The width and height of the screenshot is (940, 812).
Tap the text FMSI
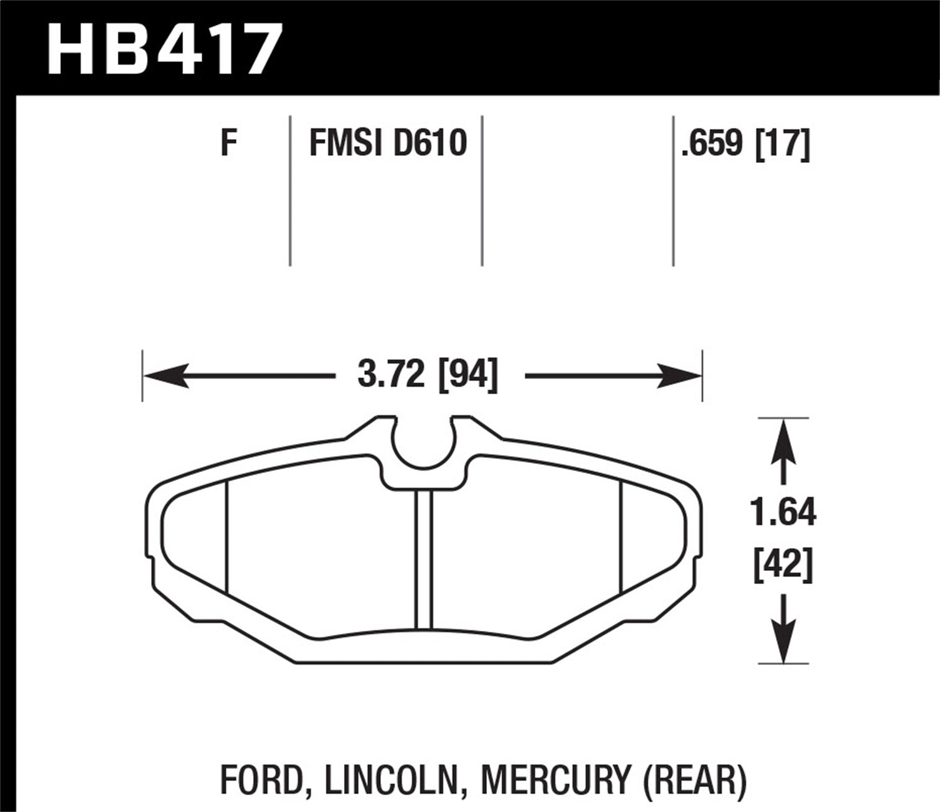point(345,143)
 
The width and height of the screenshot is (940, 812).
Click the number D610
point(429,143)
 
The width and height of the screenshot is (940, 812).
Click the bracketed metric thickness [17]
point(783,143)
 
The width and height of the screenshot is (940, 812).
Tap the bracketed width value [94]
point(468,376)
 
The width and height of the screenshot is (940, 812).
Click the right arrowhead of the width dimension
point(680,376)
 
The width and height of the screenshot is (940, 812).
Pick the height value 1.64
point(784,513)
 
